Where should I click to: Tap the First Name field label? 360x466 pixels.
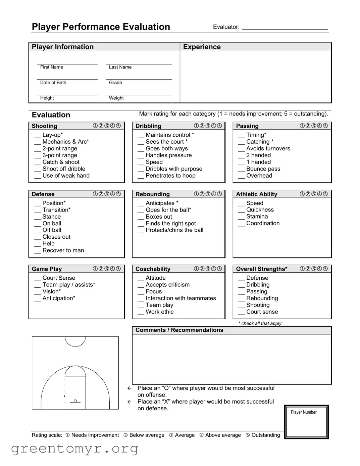52,67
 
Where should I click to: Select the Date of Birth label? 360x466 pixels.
53,83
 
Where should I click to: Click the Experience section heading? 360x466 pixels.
202,47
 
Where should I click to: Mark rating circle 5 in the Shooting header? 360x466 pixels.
118,126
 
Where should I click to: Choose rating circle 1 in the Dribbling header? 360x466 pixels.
196,126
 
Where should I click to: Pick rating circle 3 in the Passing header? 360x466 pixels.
314,126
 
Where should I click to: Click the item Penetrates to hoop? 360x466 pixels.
170,176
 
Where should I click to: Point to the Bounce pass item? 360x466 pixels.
263,169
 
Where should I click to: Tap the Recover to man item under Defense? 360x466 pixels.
63,250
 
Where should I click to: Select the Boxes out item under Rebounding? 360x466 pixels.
159,217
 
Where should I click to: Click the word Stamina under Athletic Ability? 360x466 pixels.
257,217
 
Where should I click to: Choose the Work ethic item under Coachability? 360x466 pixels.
160,312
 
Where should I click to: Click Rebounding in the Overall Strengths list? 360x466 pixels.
262,298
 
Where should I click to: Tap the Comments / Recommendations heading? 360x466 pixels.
179,330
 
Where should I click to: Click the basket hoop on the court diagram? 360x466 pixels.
75,401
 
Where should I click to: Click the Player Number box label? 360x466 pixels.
304,412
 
